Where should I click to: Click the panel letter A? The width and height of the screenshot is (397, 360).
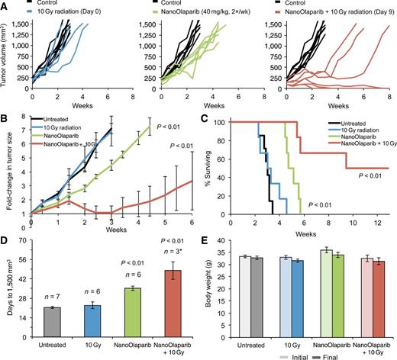pyautogui.click(x=6, y=6)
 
